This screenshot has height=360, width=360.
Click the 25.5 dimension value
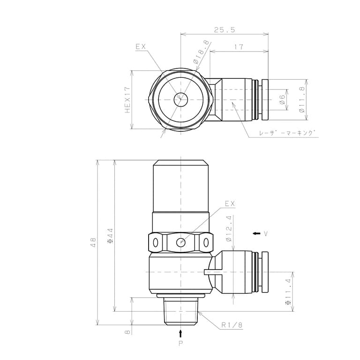[x=225, y=30]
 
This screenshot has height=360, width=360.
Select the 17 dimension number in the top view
[x=239, y=47]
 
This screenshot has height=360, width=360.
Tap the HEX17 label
[x=127, y=100]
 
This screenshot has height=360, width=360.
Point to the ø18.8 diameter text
[x=201, y=52]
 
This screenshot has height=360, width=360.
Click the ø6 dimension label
[x=282, y=100]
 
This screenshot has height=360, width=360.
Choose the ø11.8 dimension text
[x=302, y=99]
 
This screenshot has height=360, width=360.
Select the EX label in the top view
[x=141, y=47]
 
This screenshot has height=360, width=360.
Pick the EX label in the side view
[x=230, y=203]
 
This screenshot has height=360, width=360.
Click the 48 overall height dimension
[x=93, y=242]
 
